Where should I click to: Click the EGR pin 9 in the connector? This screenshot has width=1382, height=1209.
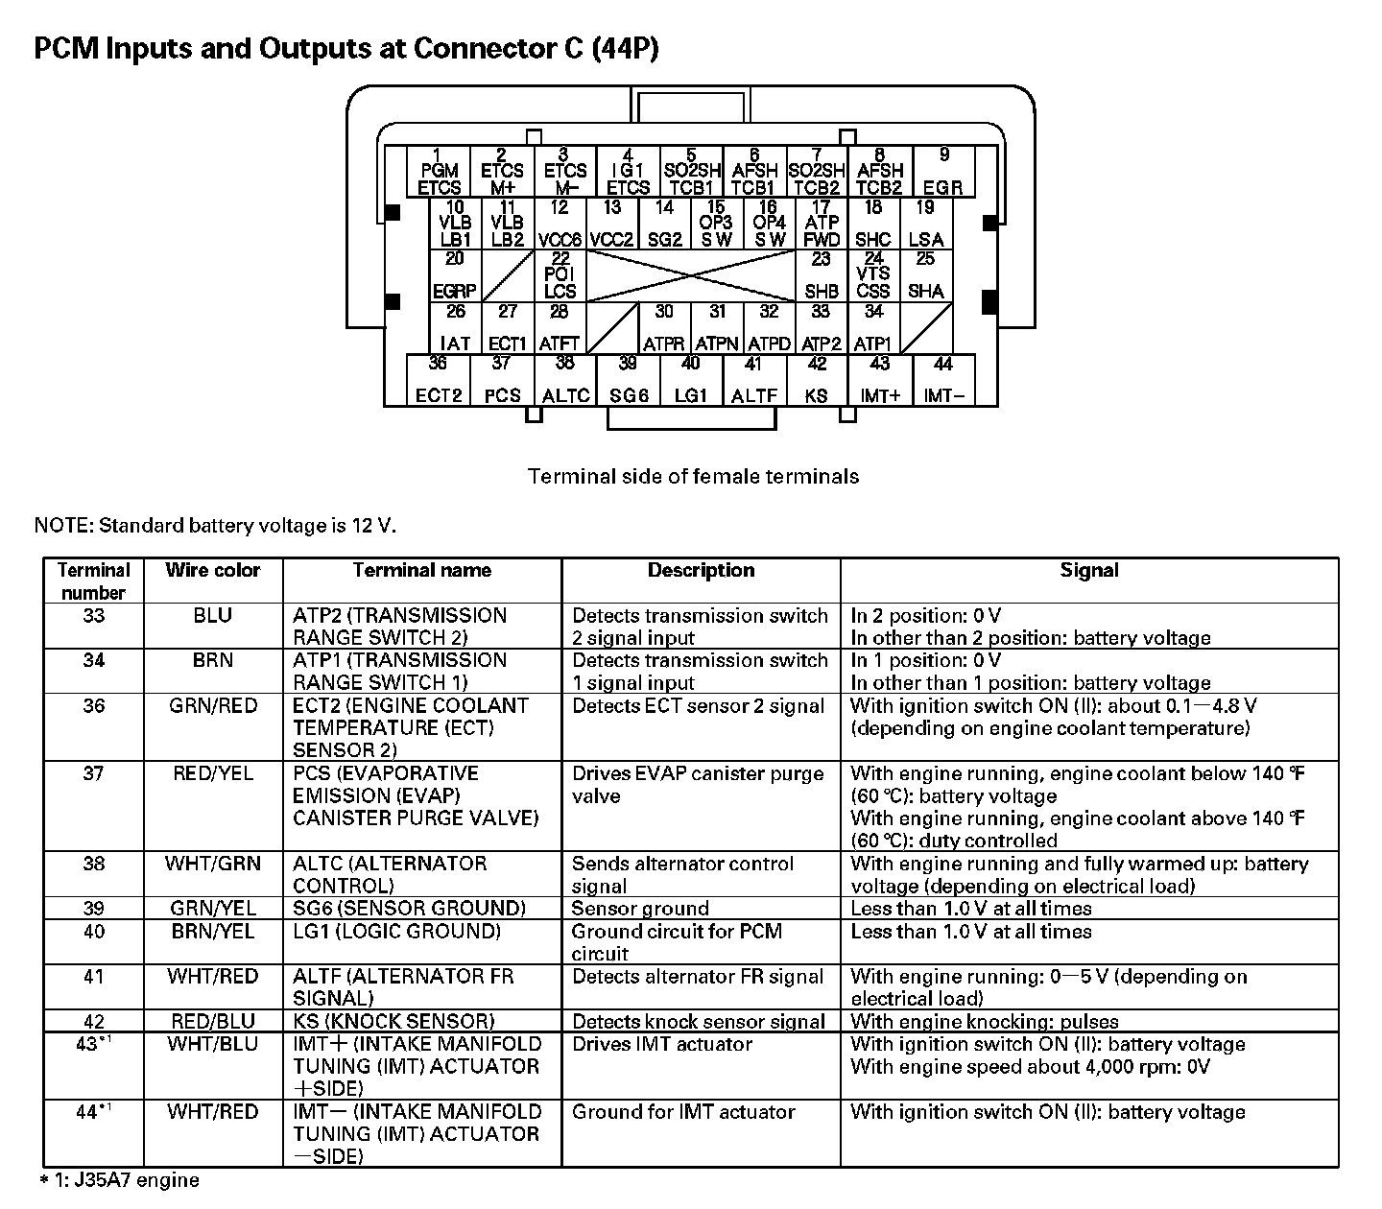(943, 173)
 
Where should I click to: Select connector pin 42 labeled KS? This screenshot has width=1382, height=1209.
(817, 380)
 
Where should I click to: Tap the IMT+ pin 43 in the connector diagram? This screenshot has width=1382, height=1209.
(879, 380)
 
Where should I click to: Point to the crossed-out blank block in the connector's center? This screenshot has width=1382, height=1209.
(691, 276)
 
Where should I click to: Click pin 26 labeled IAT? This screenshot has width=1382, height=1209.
(456, 328)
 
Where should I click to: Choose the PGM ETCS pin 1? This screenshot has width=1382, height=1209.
(439, 173)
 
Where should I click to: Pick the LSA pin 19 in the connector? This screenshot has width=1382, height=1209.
(925, 225)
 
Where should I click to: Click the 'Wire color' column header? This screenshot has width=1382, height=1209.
(212, 570)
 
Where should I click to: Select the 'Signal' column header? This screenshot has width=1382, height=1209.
(1088, 570)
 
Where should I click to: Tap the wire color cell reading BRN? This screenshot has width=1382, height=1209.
(212, 660)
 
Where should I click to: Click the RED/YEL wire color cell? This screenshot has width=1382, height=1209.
(212, 773)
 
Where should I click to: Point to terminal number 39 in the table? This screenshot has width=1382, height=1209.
(93, 908)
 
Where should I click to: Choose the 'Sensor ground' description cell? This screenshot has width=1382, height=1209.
(640, 908)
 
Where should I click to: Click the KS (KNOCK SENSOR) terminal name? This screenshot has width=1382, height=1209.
(393, 1021)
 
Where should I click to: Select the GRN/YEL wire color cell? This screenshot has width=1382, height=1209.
(212, 908)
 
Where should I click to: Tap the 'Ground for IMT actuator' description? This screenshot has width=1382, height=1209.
(683, 1111)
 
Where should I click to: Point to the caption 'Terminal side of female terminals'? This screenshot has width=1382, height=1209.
(693, 476)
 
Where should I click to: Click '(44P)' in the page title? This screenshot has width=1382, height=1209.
(626, 48)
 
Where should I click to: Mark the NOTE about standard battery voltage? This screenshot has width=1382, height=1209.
(215, 525)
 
